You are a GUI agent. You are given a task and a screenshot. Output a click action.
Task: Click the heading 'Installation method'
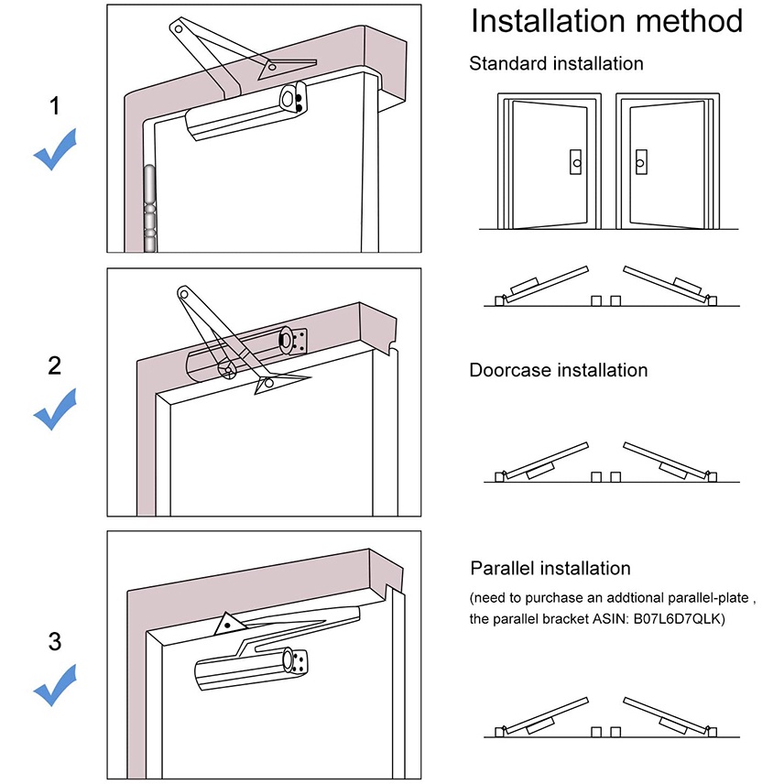coord(605,21)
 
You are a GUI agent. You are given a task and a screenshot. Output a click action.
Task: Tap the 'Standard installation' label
coord(556,63)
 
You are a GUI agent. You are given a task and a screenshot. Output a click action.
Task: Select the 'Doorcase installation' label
coord(558,370)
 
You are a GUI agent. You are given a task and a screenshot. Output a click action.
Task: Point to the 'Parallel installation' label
coord(550,569)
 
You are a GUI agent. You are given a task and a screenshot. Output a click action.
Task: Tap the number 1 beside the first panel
coord(54,106)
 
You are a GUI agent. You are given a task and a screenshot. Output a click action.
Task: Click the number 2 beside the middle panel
coord(54,365)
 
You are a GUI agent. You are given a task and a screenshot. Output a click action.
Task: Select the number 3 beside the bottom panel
coord(54,641)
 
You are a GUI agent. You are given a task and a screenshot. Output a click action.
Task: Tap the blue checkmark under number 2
coord(54,409)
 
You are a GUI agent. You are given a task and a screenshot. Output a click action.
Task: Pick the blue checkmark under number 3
coord(54,685)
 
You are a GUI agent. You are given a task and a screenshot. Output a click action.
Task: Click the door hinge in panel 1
coord(147,209)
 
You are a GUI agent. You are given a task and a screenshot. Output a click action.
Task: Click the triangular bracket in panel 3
coord(227,625)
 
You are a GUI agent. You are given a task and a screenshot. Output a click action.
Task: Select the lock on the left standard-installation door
coord(575,162)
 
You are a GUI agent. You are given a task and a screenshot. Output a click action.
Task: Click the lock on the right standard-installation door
coord(640,162)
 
